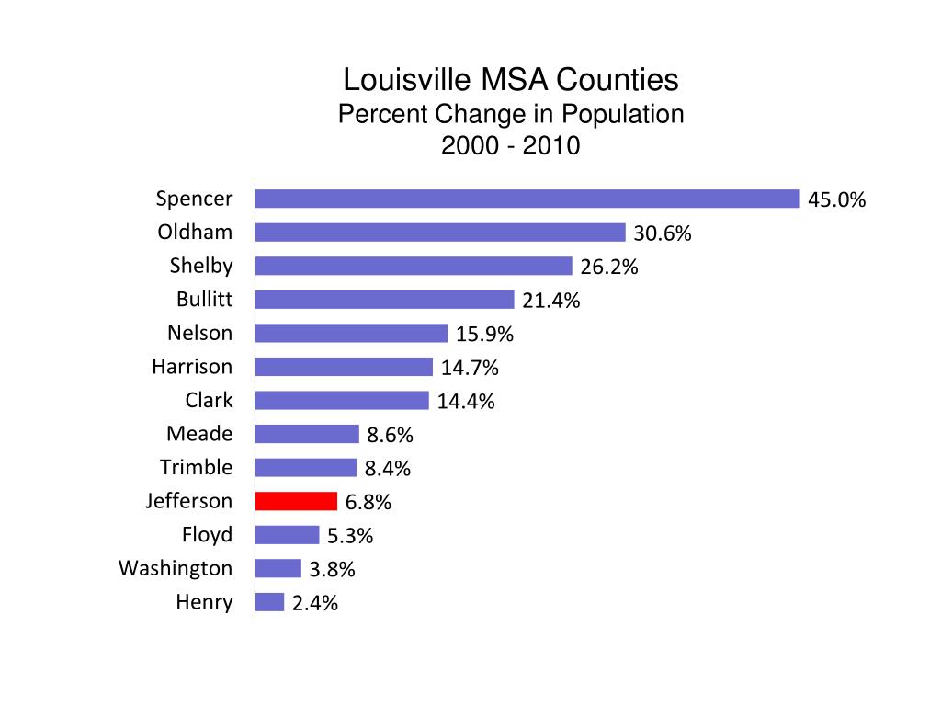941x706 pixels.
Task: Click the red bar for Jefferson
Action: pyautogui.click(x=296, y=501)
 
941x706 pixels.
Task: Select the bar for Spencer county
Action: pyautogui.click(x=527, y=199)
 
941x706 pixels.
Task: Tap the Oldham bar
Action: pyautogui.click(x=440, y=233)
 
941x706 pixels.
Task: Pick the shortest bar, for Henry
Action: pyautogui.click(x=269, y=602)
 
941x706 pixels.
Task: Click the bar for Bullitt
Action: pyautogui.click(x=384, y=300)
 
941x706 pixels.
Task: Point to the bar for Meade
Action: pyautogui.click(x=307, y=434)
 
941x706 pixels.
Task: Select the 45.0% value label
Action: pyautogui.click(x=836, y=200)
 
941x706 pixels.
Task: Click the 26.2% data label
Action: pyautogui.click(x=608, y=268)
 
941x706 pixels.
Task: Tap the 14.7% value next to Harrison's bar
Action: pyautogui.click(x=470, y=369)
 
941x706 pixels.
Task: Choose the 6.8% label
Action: pyautogui.click(x=368, y=503)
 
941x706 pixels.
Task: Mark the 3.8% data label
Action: pyautogui.click(x=332, y=570)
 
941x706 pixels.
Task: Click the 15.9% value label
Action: pyautogui.click(x=484, y=335)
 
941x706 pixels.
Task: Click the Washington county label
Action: pyautogui.click(x=176, y=568)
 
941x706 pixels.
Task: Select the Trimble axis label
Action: pyautogui.click(x=196, y=467)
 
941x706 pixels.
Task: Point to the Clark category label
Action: pyautogui.click(x=209, y=400)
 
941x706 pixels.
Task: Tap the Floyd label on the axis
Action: pyautogui.click(x=207, y=534)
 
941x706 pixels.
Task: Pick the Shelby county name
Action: pyautogui.click(x=201, y=266)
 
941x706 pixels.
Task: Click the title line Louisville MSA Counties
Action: pyautogui.click(x=510, y=80)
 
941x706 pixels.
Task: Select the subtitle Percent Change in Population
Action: pyautogui.click(x=511, y=114)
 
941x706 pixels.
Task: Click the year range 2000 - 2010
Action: pyautogui.click(x=511, y=146)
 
